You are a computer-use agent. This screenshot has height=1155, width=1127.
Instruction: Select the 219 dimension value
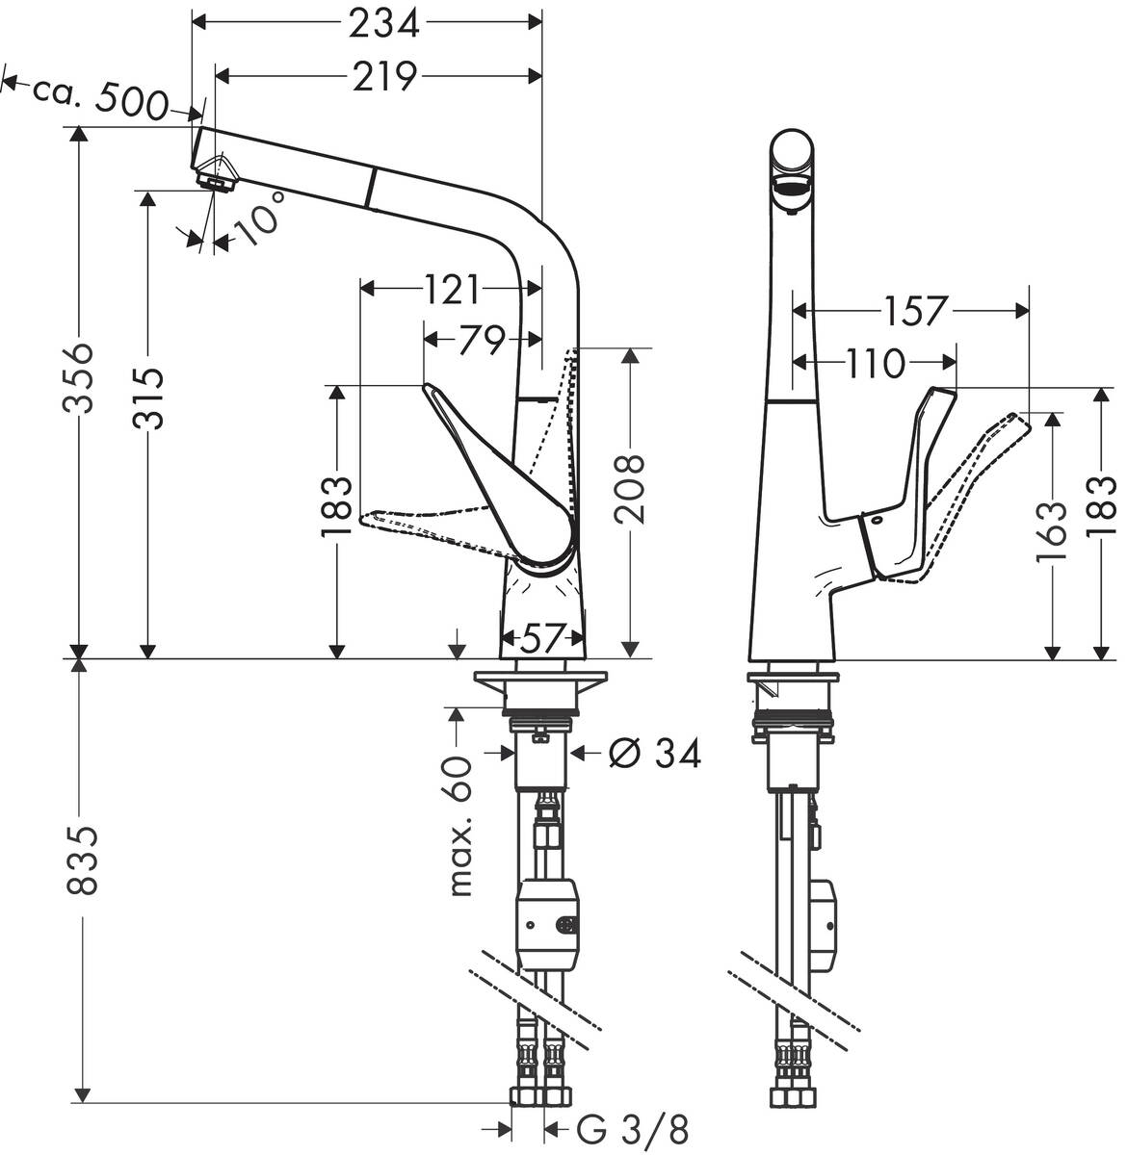pyautogui.click(x=383, y=76)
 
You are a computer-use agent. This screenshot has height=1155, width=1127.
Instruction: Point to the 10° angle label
pyautogui.click(x=260, y=218)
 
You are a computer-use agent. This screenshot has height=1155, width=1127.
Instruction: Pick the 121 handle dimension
pyautogui.click(x=450, y=287)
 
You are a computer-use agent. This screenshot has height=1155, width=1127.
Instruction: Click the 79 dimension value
pyautogui.click(x=481, y=339)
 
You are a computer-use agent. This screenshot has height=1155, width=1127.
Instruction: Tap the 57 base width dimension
pyautogui.click(x=541, y=637)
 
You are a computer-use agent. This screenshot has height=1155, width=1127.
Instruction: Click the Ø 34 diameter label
pyautogui.click(x=654, y=754)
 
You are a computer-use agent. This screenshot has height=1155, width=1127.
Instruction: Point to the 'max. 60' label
pyautogui.click(x=463, y=826)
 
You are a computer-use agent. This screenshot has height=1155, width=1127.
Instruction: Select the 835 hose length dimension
pyautogui.click(x=83, y=860)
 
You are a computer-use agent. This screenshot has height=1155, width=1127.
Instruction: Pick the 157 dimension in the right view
pyautogui.click(x=912, y=310)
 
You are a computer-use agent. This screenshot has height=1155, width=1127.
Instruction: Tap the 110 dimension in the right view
pyautogui.click(x=876, y=363)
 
